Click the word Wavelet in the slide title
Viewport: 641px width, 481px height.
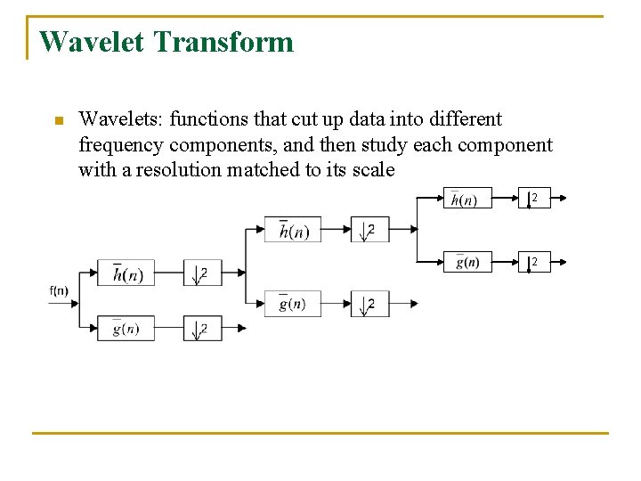pos(93,42)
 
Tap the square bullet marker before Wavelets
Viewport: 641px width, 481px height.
pos(59,121)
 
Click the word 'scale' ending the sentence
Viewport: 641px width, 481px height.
pos(369,170)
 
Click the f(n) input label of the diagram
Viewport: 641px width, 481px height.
pos(59,290)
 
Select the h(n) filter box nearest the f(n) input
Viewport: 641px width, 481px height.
pos(126,273)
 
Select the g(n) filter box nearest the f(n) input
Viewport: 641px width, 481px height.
pos(126,328)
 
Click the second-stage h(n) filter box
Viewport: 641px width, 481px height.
pos(293,230)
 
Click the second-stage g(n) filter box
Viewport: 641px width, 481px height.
pos(293,303)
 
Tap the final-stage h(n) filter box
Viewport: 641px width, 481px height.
pos(467,198)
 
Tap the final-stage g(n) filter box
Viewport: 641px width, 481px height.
pos(467,262)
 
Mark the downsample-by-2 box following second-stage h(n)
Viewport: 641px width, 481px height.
pos(365,230)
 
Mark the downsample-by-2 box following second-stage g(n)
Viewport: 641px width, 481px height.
pos(365,303)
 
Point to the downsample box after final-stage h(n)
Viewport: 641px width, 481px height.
pos(534,198)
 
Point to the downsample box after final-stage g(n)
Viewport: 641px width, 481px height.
pos(534,262)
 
